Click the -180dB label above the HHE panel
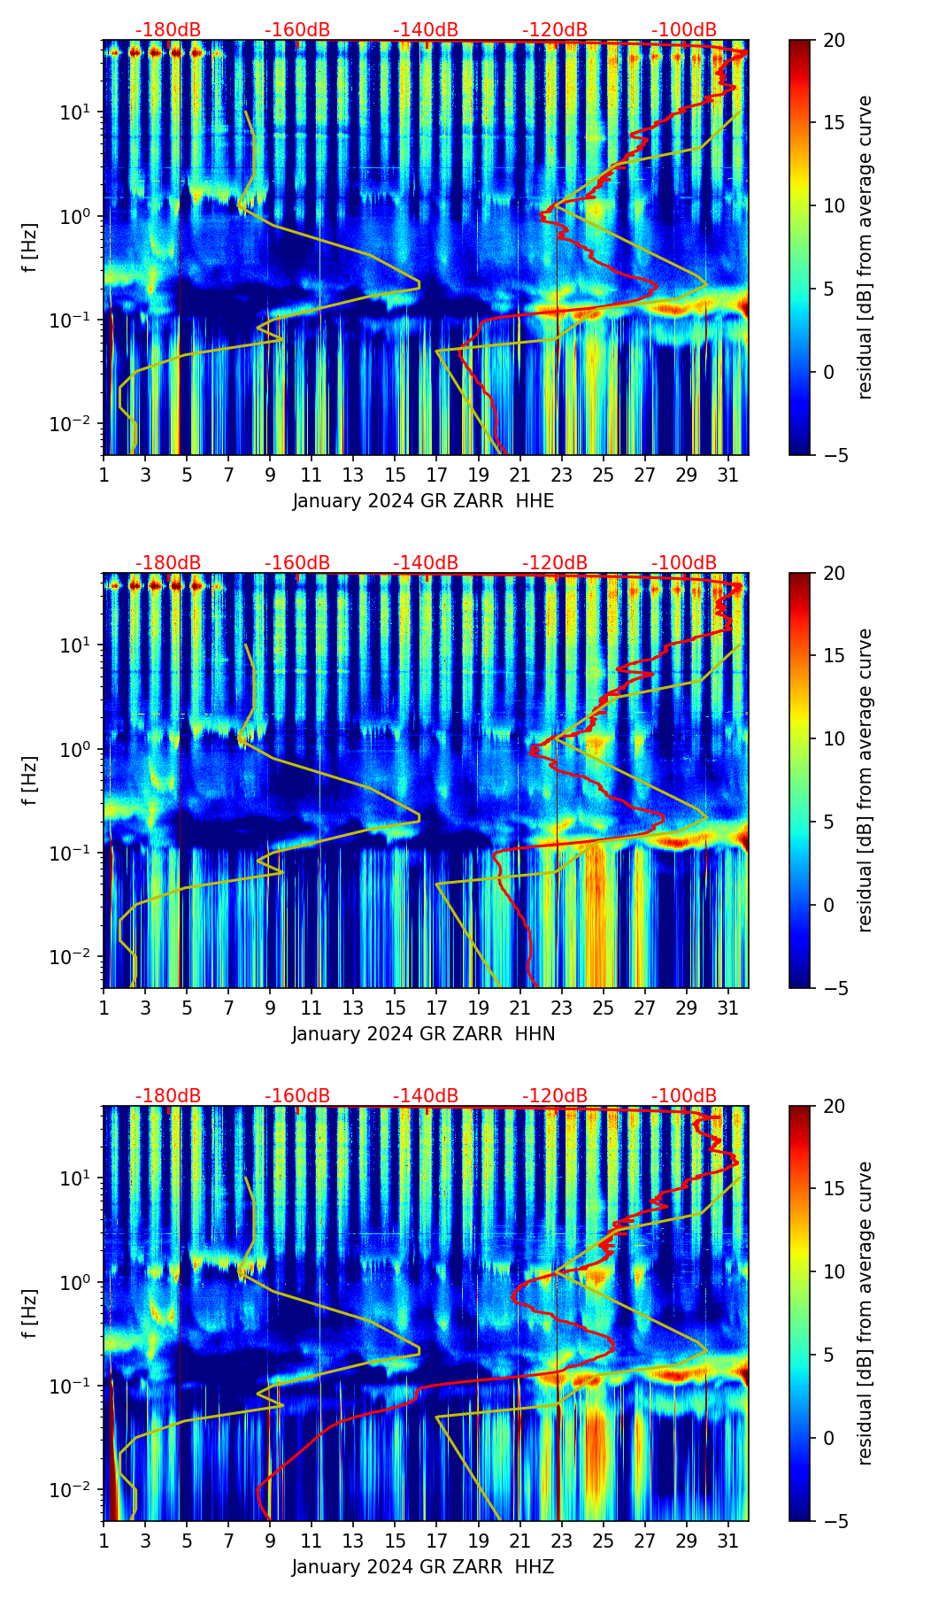(x=168, y=30)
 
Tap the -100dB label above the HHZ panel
(x=684, y=1096)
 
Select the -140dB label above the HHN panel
(x=426, y=563)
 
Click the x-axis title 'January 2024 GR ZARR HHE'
(x=423, y=501)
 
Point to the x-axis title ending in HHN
(x=423, y=1034)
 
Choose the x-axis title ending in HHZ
(x=423, y=1567)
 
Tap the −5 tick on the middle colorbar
(x=832, y=988)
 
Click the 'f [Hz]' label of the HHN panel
(x=32, y=781)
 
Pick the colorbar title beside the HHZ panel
(x=865, y=1313)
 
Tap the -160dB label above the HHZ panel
(x=297, y=1096)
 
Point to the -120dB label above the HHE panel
(x=555, y=30)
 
